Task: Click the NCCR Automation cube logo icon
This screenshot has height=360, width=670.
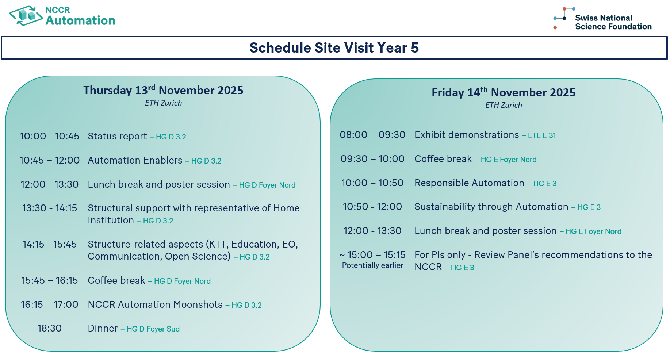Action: (x=26, y=16)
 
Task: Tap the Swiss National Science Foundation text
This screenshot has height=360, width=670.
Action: (x=613, y=22)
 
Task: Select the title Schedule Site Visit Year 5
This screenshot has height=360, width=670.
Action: (x=334, y=48)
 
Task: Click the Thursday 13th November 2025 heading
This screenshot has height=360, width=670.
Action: (x=163, y=90)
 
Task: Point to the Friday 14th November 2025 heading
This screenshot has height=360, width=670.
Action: (x=504, y=92)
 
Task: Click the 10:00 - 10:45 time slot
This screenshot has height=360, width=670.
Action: (x=50, y=136)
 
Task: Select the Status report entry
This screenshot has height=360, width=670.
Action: (x=117, y=136)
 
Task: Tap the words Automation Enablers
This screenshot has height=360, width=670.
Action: (x=135, y=160)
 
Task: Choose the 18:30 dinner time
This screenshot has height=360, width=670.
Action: (x=50, y=328)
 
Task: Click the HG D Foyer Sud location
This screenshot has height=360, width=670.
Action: (x=153, y=329)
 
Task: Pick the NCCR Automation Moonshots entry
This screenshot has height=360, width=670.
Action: (x=155, y=305)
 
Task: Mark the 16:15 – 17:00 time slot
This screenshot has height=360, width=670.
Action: (x=50, y=305)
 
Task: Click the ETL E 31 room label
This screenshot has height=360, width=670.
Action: (x=542, y=135)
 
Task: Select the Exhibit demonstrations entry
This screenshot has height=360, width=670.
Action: (x=467, y=135)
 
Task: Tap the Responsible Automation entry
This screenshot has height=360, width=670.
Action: (x=469, y=183)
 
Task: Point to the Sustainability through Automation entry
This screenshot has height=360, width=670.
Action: (x=491, y=207)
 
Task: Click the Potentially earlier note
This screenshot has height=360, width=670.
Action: (x=373, y=265)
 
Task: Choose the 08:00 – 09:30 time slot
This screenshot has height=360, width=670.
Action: (x=372, y=135)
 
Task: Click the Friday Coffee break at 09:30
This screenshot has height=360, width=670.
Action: (x=443, y=159)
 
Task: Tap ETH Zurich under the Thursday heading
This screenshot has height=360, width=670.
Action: (x=163, y=103)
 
